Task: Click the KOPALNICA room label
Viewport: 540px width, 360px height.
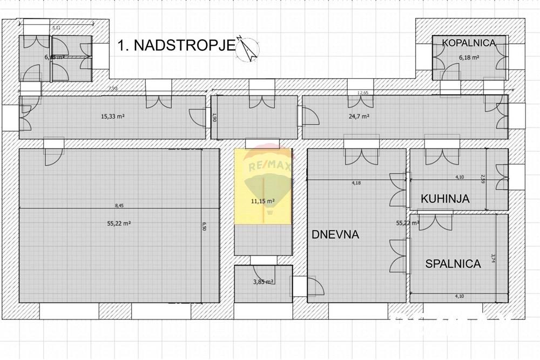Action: pos(468,43)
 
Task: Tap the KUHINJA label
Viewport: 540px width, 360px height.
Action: pos(446,199)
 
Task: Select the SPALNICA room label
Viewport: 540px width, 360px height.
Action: pos(453,264)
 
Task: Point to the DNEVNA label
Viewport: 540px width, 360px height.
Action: pos(335,234)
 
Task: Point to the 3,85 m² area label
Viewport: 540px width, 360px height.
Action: pos(263,282)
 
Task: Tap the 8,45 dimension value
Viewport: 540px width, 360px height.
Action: pos(119,205)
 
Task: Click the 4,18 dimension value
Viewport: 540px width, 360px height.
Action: pos(356,184)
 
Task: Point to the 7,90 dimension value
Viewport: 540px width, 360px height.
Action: pos(113,88)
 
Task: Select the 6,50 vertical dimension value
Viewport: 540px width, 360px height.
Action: pos(204,225)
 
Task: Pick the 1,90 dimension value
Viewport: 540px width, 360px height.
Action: pos(214,118)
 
